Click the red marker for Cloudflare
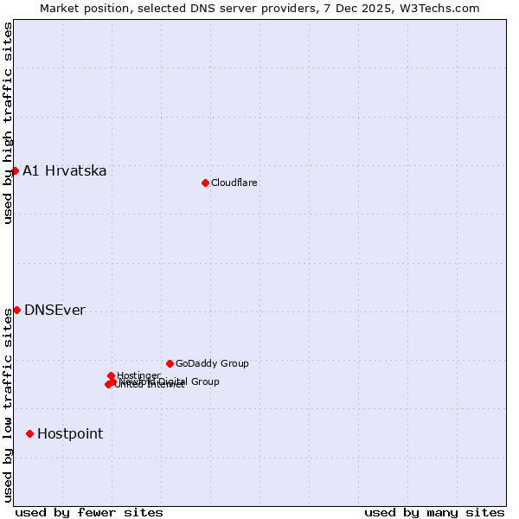coord(205,183)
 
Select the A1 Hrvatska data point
coord(15,170)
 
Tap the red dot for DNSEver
coord(16,310)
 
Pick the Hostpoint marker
coord(29,433)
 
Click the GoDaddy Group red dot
coord(170,363)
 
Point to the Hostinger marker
coord(111,375)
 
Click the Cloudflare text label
coord(234,183)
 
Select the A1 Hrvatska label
coord(65,170)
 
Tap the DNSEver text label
coord(54,311)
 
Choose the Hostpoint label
coord(70,434)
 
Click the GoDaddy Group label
coord(212,363)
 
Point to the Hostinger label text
coord(138,375)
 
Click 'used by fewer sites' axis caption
coord(89,512)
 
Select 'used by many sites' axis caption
coord(434,512)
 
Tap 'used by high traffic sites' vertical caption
coord(8,124)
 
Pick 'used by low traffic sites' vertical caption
coord(8,404)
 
